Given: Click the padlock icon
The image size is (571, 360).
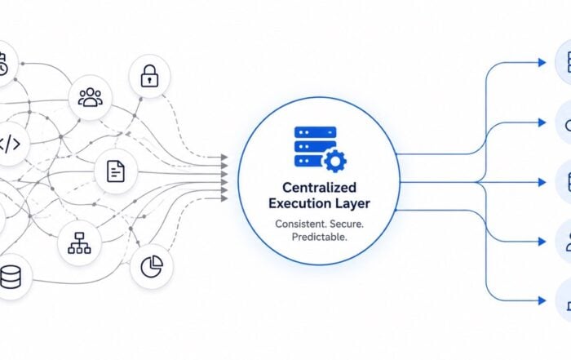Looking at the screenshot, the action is (x=149, y=76).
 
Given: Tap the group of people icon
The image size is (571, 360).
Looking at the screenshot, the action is (x=91, y=97).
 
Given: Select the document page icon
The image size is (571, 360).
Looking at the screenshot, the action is (x=116, y=171).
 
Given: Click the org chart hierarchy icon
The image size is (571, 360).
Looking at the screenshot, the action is (x=79, y=242).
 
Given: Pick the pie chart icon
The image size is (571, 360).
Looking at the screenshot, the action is (x=152, y=266).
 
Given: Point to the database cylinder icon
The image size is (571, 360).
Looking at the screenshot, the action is (x=11, y=277).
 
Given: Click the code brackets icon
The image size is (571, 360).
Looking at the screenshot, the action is (x=10, y=144).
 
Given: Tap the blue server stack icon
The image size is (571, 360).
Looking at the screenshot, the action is (x=316, y=146).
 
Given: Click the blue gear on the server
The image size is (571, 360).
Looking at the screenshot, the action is (x=334, y=161).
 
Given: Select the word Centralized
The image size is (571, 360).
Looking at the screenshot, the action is (x=320, y=187).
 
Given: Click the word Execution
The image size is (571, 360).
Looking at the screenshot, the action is (x=297, y=203).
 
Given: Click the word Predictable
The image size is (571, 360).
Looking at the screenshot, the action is (x=320, y=237).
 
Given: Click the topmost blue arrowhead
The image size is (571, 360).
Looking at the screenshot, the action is (x=542, y=63).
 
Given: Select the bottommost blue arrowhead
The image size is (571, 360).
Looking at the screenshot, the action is (x=542, y=300).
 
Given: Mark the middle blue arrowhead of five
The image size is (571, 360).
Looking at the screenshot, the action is (x=542, y=182).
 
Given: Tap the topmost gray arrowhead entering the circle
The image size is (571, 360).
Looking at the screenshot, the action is (x=224, y=157).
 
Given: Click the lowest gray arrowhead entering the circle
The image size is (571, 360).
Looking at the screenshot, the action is (x=224, y=198).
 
